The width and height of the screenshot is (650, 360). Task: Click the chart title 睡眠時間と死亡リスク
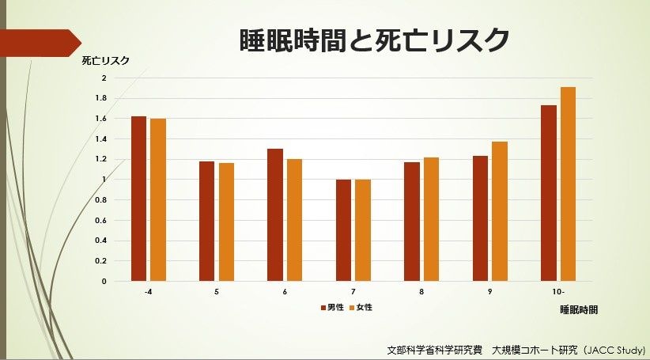coord(374,40)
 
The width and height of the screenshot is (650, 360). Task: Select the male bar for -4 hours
coord(139,199)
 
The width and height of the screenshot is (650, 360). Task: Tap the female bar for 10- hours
coord(568,184)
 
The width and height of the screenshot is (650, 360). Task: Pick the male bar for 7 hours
coord(343,230)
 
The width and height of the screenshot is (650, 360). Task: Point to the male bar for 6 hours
coord(275,214)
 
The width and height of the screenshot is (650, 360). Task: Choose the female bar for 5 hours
coord(226,222)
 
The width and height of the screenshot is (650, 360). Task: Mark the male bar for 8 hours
coord(411,222)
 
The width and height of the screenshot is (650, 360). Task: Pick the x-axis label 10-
coord(558,292)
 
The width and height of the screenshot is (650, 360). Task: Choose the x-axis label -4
coord(148,292)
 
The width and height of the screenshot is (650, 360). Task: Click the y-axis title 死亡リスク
coord(105,60)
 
